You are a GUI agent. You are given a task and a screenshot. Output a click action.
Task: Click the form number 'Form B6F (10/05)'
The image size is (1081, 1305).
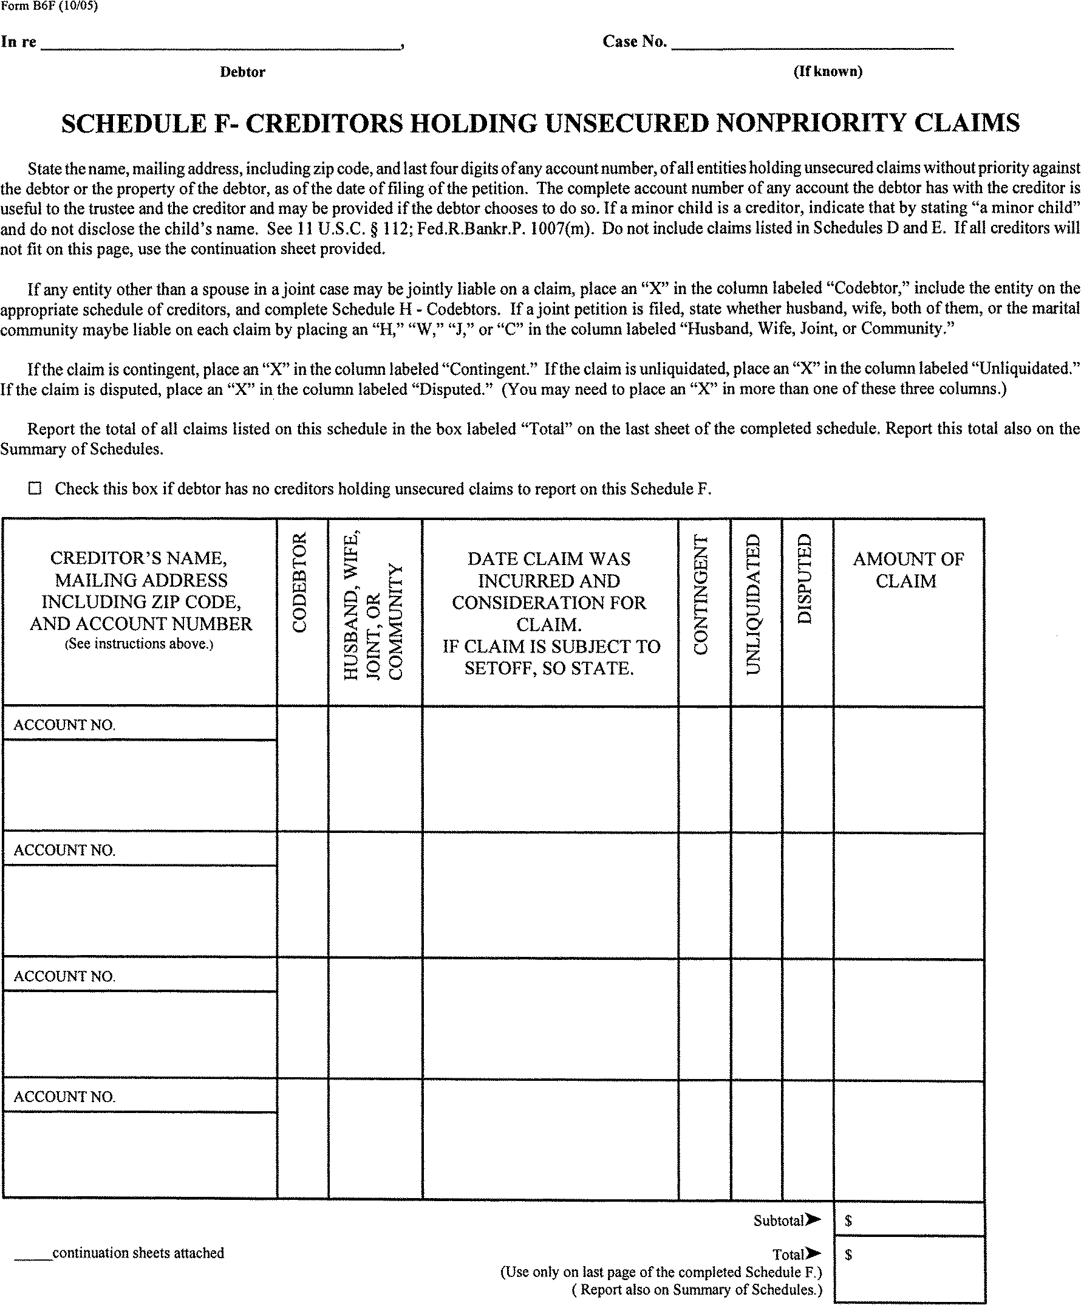click(49, 7)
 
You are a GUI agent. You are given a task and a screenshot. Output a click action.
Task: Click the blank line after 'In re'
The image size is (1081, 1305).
click(220, 44)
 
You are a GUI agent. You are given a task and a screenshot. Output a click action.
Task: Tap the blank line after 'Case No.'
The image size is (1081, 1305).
click(812, 44)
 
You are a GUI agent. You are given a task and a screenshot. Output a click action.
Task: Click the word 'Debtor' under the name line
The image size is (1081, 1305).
click(242, 72)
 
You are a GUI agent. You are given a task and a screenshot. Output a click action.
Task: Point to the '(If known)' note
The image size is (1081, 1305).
click(828, 72)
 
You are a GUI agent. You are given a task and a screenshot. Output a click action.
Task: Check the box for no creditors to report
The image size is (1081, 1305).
click(35, 488)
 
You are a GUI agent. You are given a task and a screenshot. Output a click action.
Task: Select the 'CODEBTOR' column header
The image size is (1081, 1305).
click(300, 583)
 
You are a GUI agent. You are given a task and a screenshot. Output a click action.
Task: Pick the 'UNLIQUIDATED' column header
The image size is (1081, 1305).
click(753, 604)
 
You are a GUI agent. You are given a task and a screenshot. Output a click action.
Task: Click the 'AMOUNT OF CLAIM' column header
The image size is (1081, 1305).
click(908, 570)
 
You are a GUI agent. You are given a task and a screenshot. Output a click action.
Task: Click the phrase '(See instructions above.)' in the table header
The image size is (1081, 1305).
click(139, 644)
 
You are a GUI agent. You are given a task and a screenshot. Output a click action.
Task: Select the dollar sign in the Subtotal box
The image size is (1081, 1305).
click(848, 1221)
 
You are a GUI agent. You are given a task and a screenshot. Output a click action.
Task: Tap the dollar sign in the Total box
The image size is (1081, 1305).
click(848, 1255)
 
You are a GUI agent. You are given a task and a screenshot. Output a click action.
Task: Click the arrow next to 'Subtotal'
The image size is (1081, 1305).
click(813, 1220)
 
